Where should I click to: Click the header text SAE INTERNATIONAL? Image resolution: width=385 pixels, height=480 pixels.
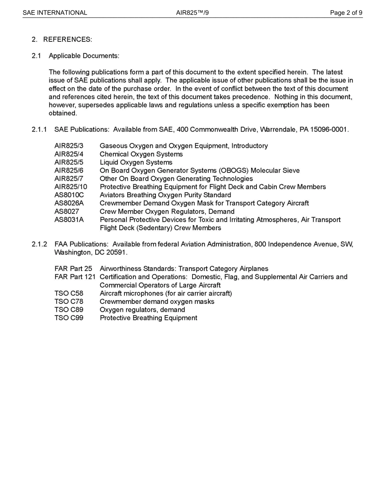(55, 13)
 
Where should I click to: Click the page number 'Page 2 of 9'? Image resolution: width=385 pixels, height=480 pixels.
(346, 13)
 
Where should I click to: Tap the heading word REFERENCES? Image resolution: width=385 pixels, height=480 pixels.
(67, 39)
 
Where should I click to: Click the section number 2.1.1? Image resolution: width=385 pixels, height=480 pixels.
(40, 130)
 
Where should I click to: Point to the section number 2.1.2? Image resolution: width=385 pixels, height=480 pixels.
(40, 244)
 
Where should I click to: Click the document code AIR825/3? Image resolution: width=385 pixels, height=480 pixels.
(69, 146)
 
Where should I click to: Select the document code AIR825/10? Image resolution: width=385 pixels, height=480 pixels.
(71, 187)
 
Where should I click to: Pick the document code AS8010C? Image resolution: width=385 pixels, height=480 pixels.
(69, 195)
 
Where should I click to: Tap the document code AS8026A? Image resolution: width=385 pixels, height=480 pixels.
(69, 203)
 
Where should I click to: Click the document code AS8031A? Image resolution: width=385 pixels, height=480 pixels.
(69, 220)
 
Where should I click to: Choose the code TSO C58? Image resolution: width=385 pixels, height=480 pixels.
(69, 293)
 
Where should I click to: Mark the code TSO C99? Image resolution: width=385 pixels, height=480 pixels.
(69, 318)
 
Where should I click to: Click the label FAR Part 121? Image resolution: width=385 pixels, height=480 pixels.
(75, 277)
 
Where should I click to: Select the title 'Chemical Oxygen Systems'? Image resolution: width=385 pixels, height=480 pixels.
(141, 154)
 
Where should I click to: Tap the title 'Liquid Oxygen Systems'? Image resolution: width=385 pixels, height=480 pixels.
(136, 162)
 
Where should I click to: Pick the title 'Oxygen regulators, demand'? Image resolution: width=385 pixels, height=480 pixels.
(142, 310)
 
